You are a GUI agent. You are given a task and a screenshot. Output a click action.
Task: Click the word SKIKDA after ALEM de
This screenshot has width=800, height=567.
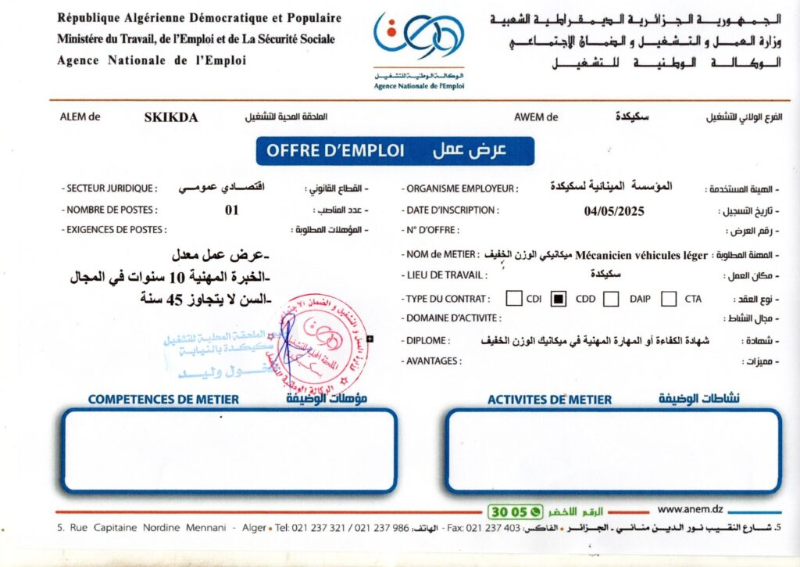pyautogui.click(x=171, y=118)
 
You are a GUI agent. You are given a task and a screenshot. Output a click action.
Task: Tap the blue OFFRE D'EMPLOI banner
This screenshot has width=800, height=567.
pyautogui.click(x=395, y=151)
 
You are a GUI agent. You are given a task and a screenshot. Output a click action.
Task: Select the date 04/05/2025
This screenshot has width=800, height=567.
pyautogui.click(x=614, y=210)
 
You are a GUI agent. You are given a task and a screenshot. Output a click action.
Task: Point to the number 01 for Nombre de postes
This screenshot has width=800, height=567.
pyautogui.click(x=231, y=210)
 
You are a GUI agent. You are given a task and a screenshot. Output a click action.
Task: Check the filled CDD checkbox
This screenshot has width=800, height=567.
pyautogui.click(x=559, y=298)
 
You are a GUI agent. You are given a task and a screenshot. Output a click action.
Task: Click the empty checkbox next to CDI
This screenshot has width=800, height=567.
pyautogui.click(x=514, y=298)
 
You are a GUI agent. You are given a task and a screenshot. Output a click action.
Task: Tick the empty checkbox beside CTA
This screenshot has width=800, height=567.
pyautogui.click(x=669, y=298)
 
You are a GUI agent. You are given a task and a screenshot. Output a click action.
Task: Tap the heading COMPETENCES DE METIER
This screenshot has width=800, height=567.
pyautogui.click(x=163, y=400)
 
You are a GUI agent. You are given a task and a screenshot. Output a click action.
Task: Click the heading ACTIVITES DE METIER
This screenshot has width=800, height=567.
pyautogui.click(x=549, y=400)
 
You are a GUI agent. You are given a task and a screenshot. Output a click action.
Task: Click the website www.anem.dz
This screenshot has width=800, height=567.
pyautogui.click(x=690, y=509)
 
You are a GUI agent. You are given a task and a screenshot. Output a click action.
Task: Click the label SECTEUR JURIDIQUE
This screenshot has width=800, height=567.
pyautogui.click(x=112, y=188)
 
